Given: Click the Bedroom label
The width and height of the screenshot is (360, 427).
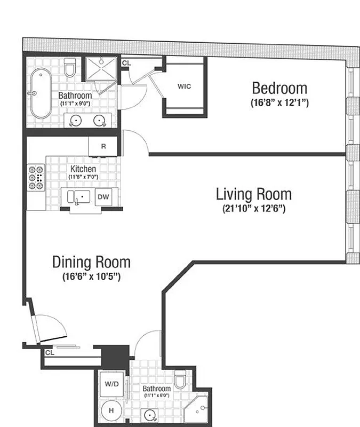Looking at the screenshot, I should coord(279,88).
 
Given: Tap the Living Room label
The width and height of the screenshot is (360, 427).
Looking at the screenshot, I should coord(254,193).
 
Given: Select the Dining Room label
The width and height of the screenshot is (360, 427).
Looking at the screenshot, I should coord(91,262).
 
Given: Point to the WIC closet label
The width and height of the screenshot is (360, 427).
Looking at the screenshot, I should coord(184,86).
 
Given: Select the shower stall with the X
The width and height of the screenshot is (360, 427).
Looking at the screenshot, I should coord(102,68).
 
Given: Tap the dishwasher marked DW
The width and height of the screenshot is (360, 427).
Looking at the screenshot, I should coord(103,197).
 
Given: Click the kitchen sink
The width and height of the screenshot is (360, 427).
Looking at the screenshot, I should coord(77,197).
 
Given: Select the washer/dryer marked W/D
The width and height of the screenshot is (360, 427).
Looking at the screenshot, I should coord(111,384).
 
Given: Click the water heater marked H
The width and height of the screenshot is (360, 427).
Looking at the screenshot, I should coord(111,410).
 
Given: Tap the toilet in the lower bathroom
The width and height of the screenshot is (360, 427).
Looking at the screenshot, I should coord(180,381).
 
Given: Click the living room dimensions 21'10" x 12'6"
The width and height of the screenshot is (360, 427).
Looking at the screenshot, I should coord(254,209).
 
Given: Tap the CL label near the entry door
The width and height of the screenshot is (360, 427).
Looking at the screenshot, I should coord(50,352).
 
